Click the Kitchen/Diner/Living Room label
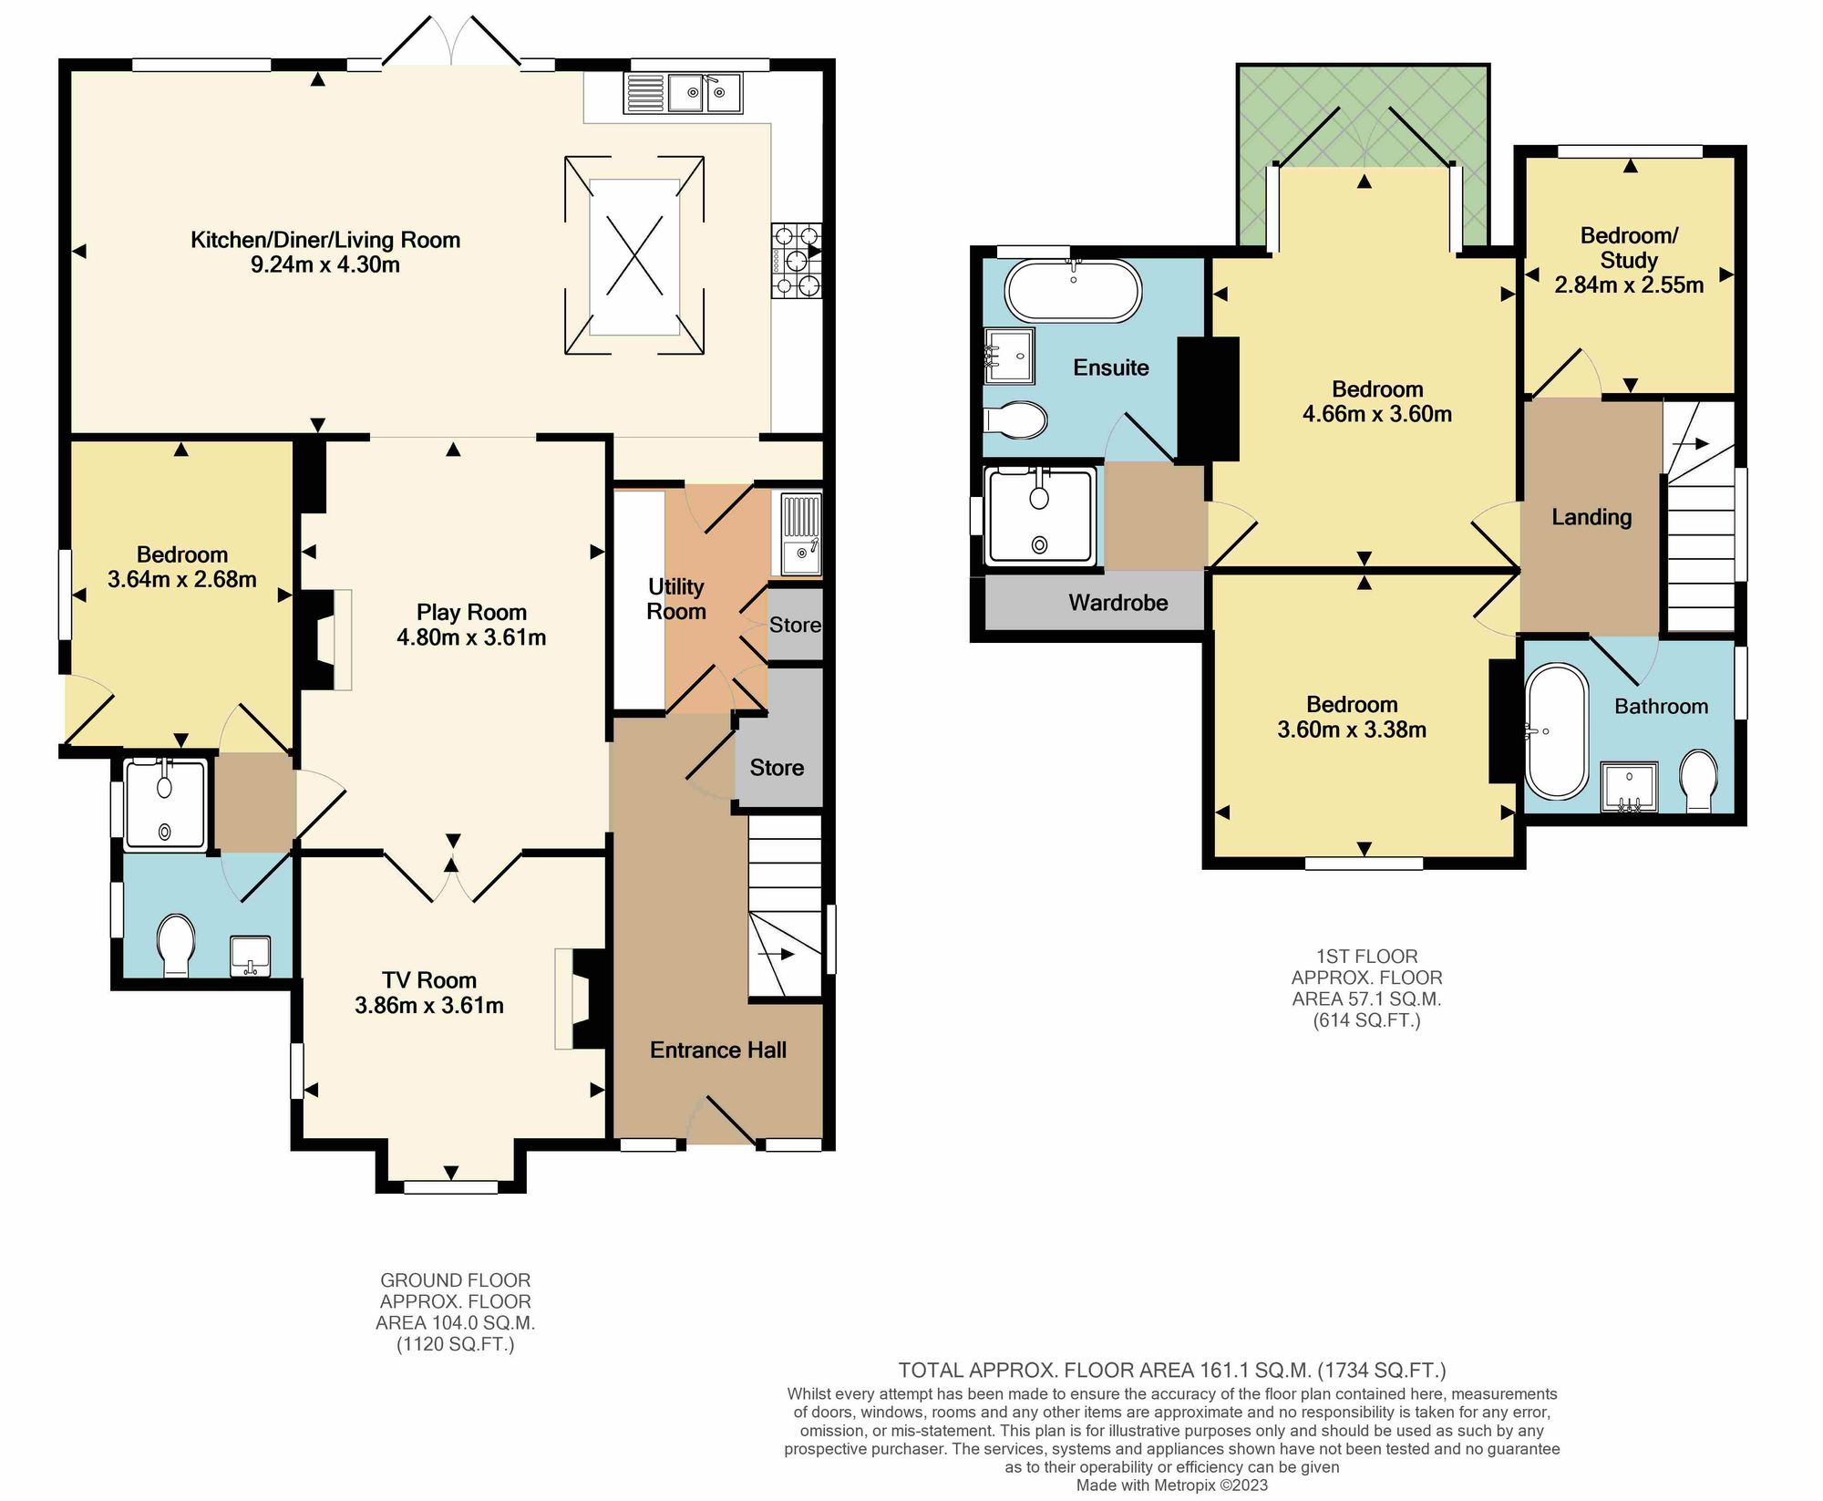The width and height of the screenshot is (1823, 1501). click(325, 240)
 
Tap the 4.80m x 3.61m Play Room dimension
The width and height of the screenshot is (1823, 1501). click(471, 637)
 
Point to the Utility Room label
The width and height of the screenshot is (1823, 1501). click(676, 599)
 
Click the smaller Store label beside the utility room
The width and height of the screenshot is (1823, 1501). click(795, 625)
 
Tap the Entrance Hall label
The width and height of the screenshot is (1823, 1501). click(718, 1050)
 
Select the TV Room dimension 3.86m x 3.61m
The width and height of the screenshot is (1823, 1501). click(429, 1006)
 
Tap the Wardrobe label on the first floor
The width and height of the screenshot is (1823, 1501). click(1118, 603)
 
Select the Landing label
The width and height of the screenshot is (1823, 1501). click(1591, 517)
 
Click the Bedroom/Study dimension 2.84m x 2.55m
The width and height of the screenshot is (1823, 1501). click(1629, 285)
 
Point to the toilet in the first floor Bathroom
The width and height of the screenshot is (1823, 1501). click(1697, 779)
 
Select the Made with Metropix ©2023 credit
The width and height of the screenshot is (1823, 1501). click(1172, 1485)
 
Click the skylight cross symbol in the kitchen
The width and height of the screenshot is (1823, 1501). click(634, 256)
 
